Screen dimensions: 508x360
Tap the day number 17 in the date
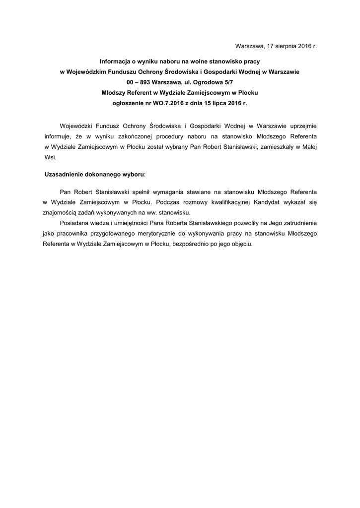click(265, 46)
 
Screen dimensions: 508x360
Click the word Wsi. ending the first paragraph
click(50, 158)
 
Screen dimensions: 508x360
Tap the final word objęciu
click(241, 245)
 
